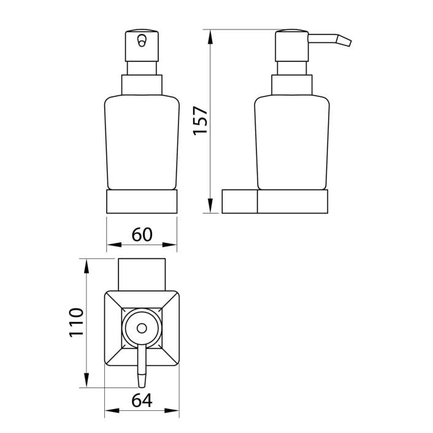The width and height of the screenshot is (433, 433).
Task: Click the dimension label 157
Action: [x=201, y=121]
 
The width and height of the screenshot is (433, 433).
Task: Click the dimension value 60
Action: [x=142, y=234]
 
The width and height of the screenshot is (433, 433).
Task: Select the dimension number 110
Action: [x=76, y=322]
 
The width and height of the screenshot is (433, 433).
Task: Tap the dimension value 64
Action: [x=142, y=400]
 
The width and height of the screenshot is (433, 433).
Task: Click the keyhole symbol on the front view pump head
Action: [x=142, y=40]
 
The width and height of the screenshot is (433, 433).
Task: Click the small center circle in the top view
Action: [x=142, y=328]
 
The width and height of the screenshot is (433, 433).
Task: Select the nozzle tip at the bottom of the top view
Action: [x=142, y=380]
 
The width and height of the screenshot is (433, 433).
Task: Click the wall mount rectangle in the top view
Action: [x=142, y=275]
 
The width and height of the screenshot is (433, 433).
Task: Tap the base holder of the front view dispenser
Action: [x=142, y=201]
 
